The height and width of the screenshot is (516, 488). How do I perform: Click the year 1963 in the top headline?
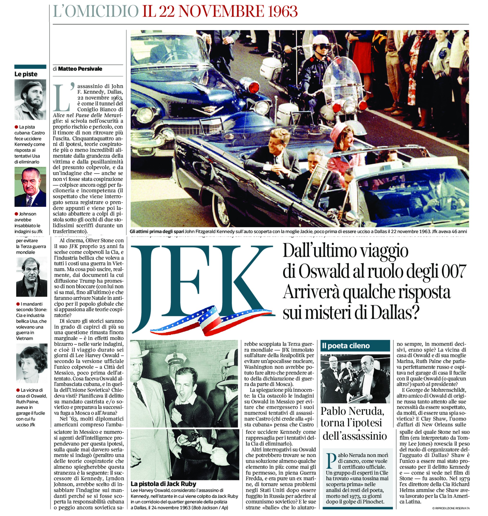coord(283,12)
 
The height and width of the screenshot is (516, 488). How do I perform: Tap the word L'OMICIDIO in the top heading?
coord(96,12)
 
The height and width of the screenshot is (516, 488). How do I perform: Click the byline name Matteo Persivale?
coord(80,69)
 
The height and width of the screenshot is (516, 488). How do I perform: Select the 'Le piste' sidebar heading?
coord(26,74)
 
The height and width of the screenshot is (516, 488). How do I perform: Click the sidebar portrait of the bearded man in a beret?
coord(30,100)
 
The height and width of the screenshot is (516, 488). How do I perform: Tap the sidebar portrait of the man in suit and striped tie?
coord(30,187)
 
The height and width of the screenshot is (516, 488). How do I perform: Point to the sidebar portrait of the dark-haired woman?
coord(31,363)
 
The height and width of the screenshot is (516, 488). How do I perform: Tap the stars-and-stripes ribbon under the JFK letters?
coord(211,320)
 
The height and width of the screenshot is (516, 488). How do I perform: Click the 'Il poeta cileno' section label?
coord(346,346)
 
